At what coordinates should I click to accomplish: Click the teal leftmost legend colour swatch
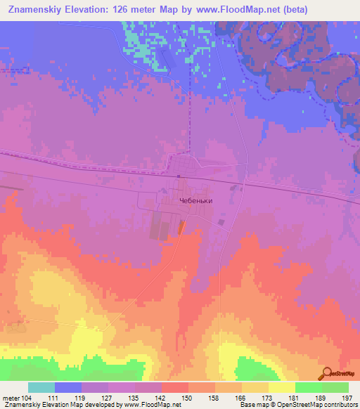[41, 387]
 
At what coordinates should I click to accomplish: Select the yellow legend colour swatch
[281, 387]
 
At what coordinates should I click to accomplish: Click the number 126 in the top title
[124, 10]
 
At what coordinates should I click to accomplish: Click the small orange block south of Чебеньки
[182, 226]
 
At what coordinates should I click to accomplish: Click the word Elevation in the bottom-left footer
[63, 405]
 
